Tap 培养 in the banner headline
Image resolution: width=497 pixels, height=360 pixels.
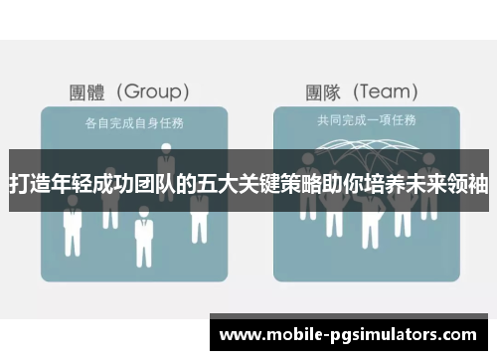point(396,183)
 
